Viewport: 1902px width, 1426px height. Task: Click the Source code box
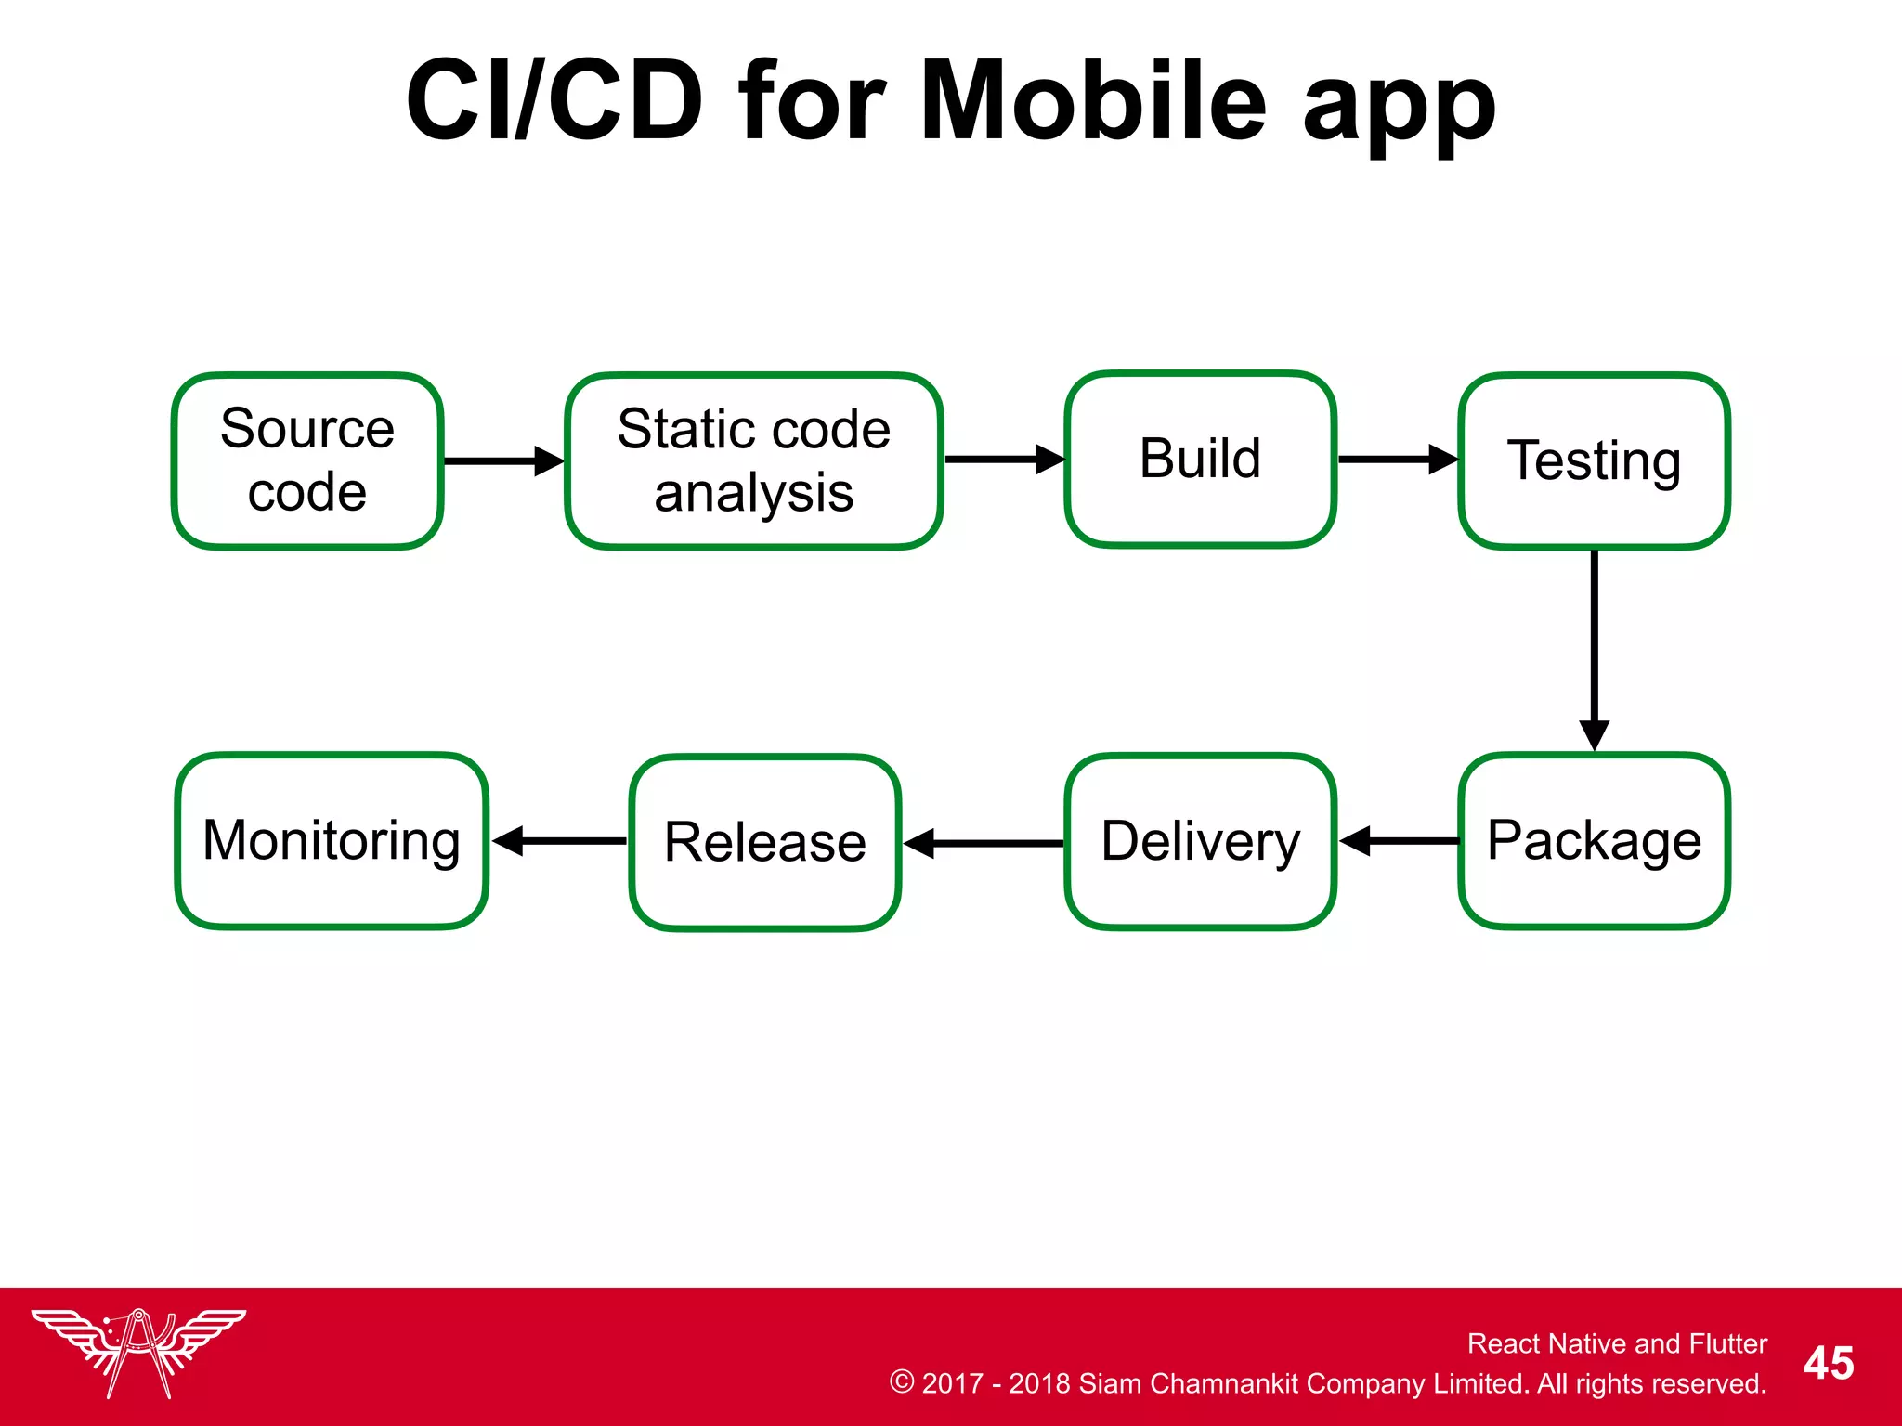coord(307,461)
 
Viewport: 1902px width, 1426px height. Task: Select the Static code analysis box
coord(754,461)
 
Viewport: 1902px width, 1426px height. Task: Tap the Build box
coord(1200,460)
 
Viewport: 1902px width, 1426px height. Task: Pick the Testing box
coord(1594,461)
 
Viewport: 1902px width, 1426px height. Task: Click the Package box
coord(1594,841)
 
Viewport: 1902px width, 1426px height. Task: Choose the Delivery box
coord(1200,841)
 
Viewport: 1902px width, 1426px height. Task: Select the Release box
coord(765,843)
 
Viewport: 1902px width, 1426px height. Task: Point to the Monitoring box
coord(332,841)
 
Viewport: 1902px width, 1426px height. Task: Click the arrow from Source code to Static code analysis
coord(503,461)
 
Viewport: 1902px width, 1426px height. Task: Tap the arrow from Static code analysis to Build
coord(1004,460)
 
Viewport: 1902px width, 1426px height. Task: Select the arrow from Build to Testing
coord(1397,460)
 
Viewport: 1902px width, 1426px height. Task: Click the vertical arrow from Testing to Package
coord(1594,650)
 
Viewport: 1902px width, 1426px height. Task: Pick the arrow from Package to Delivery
coord(1399,841)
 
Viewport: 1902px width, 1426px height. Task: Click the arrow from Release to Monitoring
coord(559,841)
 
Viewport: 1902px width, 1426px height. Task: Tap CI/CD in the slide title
coord(554,100)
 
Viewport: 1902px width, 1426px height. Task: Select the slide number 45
coord(1828,1363)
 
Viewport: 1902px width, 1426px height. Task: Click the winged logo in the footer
coord(138,1352)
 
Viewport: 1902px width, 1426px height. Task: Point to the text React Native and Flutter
coord(1616,1343)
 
